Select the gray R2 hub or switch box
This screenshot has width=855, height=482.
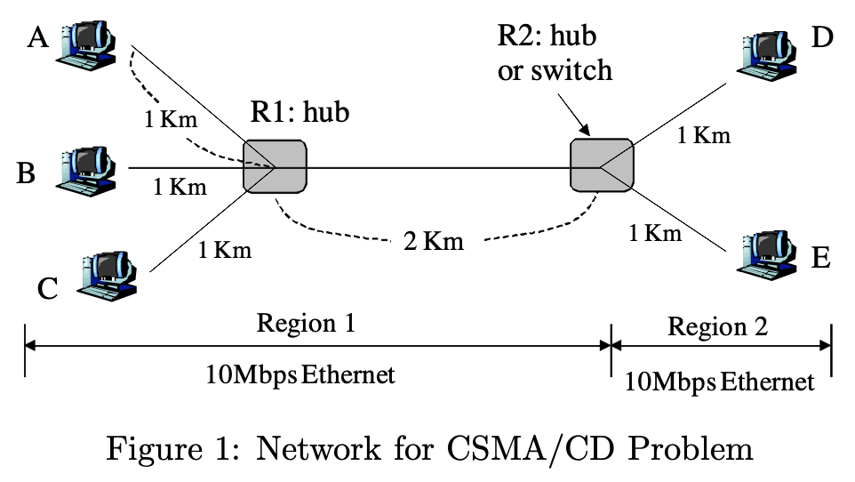[x=602, y=165]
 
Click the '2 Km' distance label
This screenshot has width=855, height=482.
[x=433, y=241]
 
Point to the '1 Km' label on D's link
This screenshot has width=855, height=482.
[x=703, y=135]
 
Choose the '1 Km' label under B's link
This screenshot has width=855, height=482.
[x=180, y=187]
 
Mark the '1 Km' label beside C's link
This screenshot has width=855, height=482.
[x=225, y=250]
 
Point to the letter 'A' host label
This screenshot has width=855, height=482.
[x=38, y=40]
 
